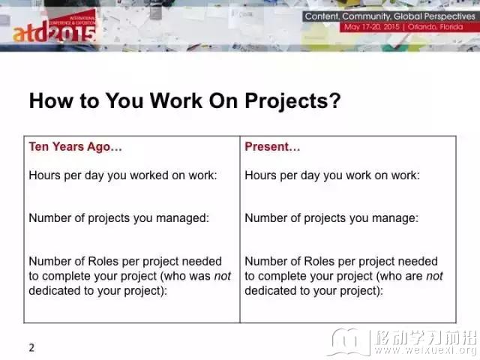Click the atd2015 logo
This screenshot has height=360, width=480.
(x=54, y=28)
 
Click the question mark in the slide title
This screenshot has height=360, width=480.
(x=335, y=100)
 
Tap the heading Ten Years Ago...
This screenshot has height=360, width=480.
(x=75, y=147)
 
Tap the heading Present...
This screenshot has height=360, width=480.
(x=272, y=147)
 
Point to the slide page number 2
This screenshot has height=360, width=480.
(x=31, y=348)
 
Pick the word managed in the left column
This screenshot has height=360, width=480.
(x=182, y=218)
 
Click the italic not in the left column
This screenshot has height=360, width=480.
(x=222, y=276)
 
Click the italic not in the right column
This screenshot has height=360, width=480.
(x=434, y=276)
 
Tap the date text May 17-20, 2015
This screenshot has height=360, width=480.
(x=372, y=27)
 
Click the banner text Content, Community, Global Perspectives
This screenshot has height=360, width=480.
(x=390, y=16)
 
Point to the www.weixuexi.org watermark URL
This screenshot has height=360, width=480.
(x=426, y=349)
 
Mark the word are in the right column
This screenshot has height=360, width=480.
(x=414, y=277)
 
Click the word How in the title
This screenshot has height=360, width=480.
(x=51, y=101)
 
